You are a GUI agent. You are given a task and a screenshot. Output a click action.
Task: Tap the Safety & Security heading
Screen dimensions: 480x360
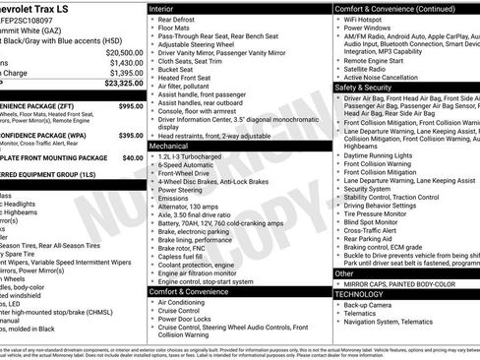(x=370, y=87)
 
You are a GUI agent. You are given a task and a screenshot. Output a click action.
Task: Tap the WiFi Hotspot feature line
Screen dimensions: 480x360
(x=365, y=19)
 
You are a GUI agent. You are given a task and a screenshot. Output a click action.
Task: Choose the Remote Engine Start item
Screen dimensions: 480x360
(x=372, y=61)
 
